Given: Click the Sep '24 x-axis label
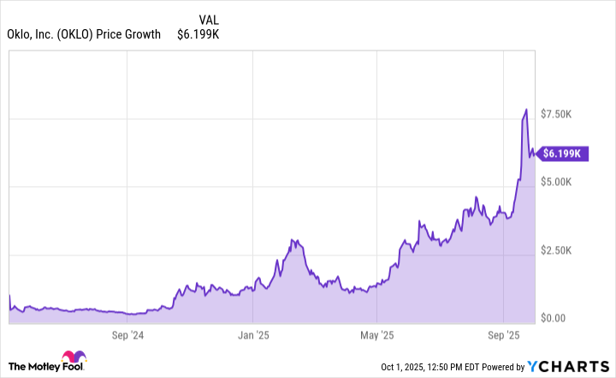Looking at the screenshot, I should [x=127, y=336].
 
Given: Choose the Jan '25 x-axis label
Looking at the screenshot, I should [x=253, y=336].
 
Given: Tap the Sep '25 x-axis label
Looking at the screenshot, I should [x=504, y=336].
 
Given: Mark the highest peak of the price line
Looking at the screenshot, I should [x=526, y=110].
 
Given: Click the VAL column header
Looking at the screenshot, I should [x=207, y=19].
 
